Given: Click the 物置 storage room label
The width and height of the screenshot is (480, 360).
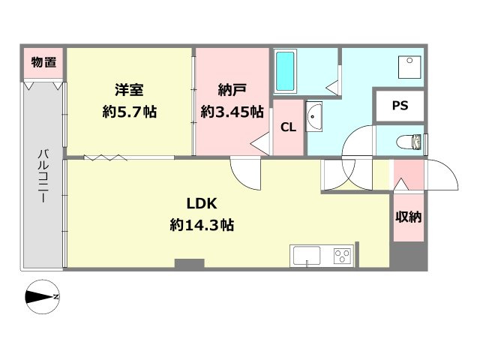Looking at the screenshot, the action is [43, 62].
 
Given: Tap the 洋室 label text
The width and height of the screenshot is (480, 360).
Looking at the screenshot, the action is [129, 90].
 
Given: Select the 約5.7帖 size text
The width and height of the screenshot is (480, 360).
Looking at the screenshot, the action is [130, 112].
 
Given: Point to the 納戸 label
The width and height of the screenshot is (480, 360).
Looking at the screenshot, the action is [232, 90].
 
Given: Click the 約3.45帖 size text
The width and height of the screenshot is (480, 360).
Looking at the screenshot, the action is [232, 112].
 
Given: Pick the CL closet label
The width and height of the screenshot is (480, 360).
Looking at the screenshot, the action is [288, 127].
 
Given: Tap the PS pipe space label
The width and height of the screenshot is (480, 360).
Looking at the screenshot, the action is [400, 106].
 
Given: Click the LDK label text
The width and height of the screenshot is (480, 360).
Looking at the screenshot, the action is [202, 203].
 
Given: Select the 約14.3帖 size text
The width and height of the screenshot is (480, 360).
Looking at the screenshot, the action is [202, 226].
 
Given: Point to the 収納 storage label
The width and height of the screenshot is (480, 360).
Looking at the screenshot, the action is [408, 217].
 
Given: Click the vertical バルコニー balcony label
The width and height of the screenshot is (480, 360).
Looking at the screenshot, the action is [43, 176].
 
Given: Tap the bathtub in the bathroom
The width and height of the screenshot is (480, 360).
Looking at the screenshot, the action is [285, 71].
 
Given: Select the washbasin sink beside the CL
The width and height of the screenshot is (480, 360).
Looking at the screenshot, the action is [314, 117].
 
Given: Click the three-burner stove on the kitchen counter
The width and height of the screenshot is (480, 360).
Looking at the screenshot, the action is [342, 256].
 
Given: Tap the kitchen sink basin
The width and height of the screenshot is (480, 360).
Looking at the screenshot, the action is [307, 256].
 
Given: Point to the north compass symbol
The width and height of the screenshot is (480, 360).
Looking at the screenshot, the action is [42, 297].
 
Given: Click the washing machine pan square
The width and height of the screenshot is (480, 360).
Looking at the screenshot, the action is [409, 67].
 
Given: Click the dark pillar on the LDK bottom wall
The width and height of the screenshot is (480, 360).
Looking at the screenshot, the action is [190, 264].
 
